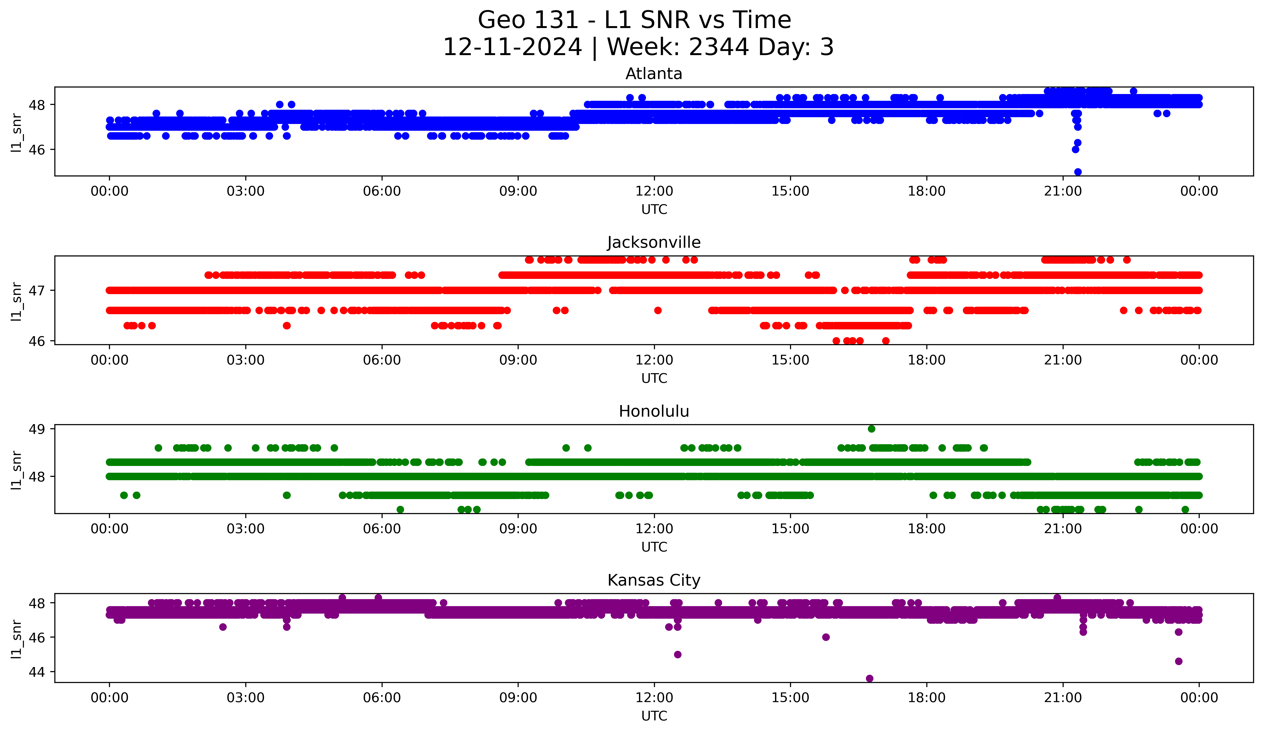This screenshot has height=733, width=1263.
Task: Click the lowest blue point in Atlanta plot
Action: [x=1078, y=172]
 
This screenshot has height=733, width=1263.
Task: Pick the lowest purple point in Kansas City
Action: [x=870, y=678]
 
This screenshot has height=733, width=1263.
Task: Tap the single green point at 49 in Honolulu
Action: [x=871, y=429]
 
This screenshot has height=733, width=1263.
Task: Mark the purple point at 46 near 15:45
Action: [x=826, y=637]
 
